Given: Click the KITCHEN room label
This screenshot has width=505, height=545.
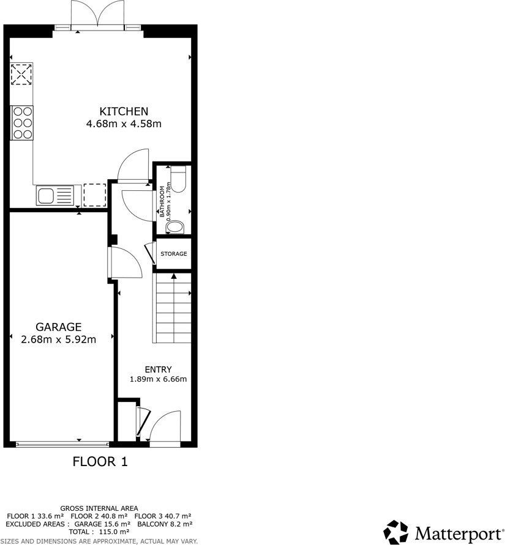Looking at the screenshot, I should [x=124, y=111].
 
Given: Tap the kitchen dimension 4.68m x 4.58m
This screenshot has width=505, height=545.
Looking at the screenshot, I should [x=124, y=124].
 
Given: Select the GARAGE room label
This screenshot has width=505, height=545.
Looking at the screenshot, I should [x=59, y=327].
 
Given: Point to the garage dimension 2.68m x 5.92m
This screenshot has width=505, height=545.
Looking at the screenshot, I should [x=59, y=340].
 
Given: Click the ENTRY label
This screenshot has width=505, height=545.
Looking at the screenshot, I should [x=158, y=369].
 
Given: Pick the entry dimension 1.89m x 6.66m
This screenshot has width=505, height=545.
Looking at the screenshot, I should [x=158, y=379].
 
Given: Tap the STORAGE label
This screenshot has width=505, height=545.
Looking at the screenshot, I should [x=173, y=254].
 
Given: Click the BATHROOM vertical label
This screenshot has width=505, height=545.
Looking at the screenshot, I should [x=163, y=202].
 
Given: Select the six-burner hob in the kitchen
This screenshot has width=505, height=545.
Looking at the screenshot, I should [x=23, y=122].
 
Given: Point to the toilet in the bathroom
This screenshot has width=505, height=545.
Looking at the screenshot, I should [x=179, y=179].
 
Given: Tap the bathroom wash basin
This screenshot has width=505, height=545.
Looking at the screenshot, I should [x=174, y=228].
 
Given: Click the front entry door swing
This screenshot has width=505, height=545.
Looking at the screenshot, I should [x=165, y=425].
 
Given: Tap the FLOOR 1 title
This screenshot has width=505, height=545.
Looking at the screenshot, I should [x=100, y=462].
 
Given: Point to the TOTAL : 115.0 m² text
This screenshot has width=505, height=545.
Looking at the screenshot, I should [x=99, y=533].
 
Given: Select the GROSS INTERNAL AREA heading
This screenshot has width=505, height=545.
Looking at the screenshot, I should [x=99, y=508].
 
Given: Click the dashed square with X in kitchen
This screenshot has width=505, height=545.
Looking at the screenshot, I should [x=22, y=75].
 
